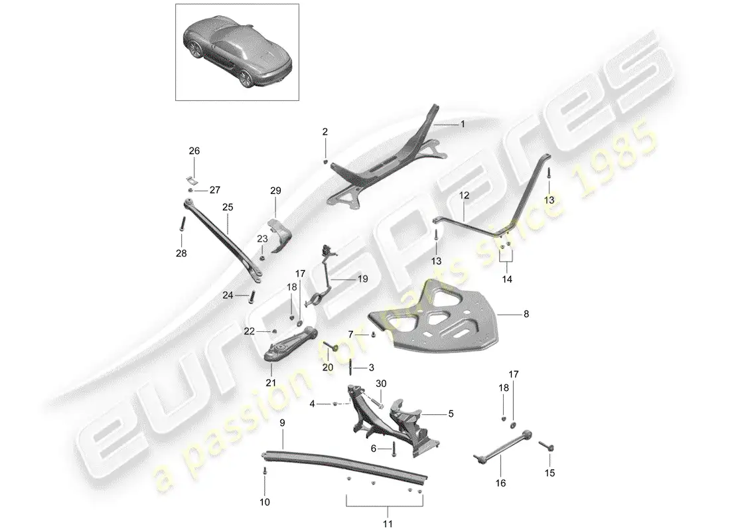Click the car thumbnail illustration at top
pos(237,52)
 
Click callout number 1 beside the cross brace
pos(463,124)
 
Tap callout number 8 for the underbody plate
pos(526,314)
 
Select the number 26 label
pos(194,151)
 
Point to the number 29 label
pos(275,190)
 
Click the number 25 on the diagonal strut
pos(228,207)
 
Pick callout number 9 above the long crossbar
pos(282,423)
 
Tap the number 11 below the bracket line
pos(388,524)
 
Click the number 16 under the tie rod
pos(500,483)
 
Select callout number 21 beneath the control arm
pos(271,383)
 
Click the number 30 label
pos(381,384)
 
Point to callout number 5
pos(451,414)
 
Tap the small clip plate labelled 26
pos(191,180)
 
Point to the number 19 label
pos(362,279)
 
